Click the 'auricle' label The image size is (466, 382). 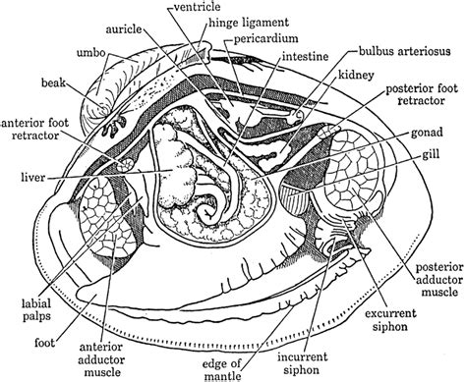149,27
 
